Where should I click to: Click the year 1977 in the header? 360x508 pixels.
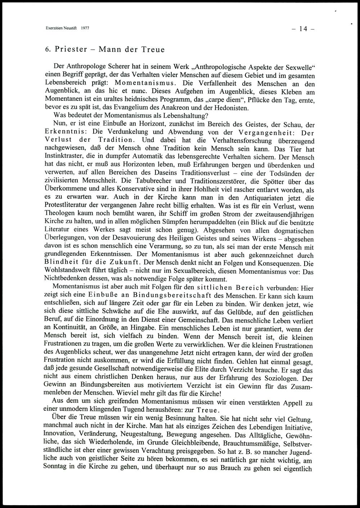(85, 28)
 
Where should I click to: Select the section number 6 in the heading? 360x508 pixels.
(47, 50)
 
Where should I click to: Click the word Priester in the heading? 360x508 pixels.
(71, 49)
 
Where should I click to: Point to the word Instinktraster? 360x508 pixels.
(65, 157)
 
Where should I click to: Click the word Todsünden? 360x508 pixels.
(285, 174)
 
